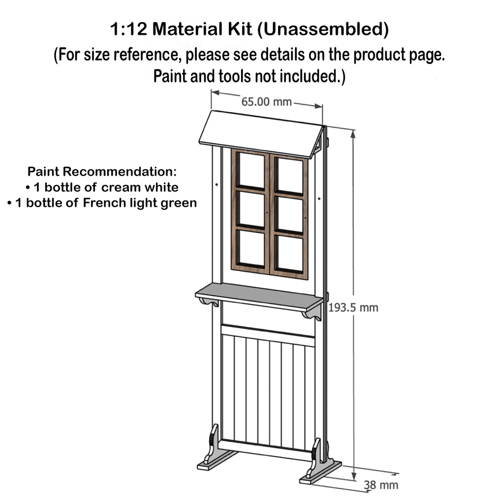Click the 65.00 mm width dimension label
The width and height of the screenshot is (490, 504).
(x=266, y=102)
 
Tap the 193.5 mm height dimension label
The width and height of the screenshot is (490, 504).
(x=353, y=308)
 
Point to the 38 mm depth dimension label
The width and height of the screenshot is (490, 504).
(x=381, y=485)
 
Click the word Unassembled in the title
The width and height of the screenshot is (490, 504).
(x=323, y=29)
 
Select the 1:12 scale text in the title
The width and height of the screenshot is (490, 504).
(x=128, y=29)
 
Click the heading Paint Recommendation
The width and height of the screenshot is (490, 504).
(x=102, y=171)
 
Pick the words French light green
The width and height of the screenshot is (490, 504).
(x=140, y=203)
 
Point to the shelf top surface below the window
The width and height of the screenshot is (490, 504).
(x=259, y=295)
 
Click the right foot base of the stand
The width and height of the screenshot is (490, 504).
(x=321, y=472)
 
